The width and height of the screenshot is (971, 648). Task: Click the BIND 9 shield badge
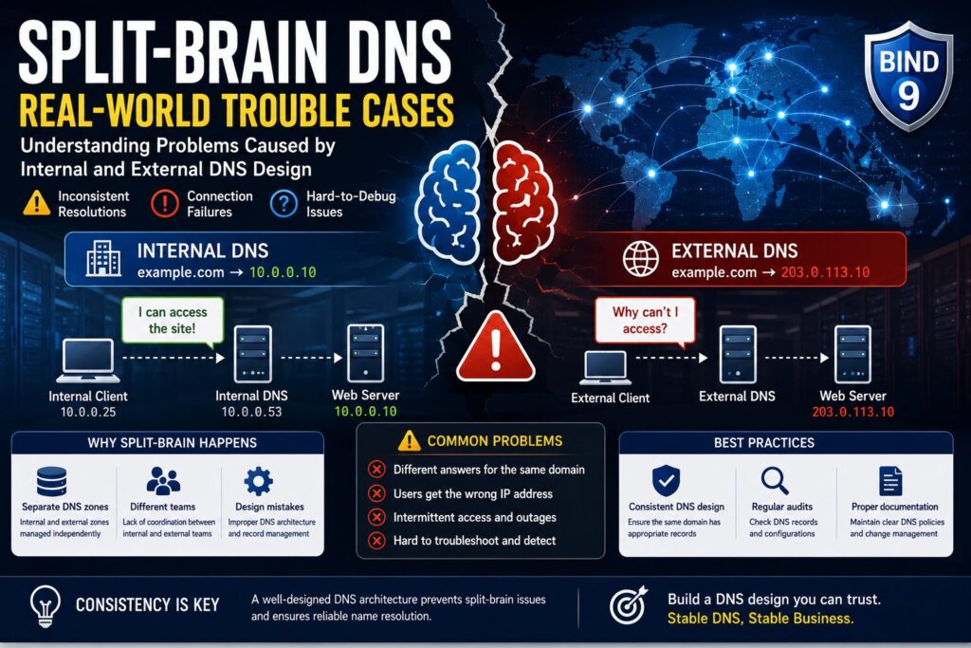907,76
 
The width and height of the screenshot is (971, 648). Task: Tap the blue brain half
449,202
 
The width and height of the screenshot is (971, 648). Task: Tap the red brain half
524,202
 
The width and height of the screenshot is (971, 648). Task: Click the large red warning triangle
495,347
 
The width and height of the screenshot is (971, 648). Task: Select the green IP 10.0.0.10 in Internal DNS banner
283,272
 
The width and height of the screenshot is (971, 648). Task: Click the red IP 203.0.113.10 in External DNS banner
825,272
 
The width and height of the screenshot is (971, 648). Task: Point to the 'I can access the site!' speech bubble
173,321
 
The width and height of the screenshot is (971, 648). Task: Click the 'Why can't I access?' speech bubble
645,321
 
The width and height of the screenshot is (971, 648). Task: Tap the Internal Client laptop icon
88,361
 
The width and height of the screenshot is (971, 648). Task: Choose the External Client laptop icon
605,368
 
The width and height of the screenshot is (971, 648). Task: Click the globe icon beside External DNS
640,258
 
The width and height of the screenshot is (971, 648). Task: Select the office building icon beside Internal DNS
103,258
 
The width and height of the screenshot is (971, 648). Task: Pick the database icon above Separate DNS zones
51,481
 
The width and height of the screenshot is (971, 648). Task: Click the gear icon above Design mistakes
258,481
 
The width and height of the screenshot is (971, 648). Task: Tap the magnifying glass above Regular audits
775,481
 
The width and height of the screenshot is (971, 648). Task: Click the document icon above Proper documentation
890,481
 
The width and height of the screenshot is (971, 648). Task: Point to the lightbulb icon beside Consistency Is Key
46,605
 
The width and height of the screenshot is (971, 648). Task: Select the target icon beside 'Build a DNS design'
628,604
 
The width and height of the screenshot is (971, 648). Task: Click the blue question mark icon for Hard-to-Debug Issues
284,204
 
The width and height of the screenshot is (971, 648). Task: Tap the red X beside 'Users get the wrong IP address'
376,493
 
